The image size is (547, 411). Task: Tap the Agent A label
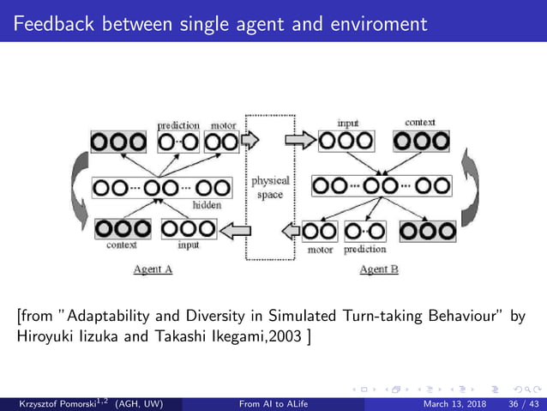153,269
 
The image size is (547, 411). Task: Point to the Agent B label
378,269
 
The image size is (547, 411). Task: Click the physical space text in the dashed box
269,188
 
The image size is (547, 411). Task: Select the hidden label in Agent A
207,205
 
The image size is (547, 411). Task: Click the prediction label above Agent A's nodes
178,125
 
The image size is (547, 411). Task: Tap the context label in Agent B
420,123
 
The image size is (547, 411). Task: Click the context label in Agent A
121,245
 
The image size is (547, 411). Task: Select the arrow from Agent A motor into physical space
249,139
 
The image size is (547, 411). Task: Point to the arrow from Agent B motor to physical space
291,230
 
